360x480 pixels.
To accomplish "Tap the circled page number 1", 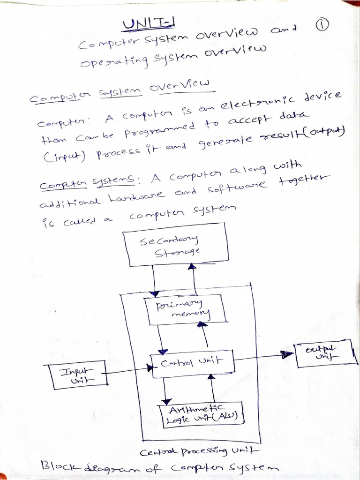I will (x=322, y=28).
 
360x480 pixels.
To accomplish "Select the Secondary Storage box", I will (x=176, y=247).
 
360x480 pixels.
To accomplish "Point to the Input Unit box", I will (x=75, y=376).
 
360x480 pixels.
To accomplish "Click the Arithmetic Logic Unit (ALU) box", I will (x=202, y=414).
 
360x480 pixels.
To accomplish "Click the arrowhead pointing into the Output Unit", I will (x=286, y=354).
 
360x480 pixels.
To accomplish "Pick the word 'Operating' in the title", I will (x=108, y=61).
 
